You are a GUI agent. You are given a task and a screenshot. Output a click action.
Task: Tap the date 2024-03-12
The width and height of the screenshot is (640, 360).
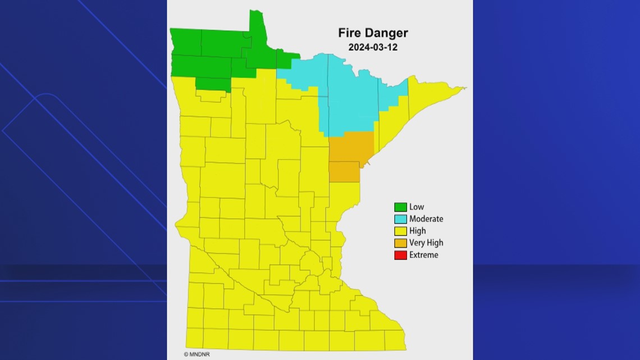(x=373, y=48)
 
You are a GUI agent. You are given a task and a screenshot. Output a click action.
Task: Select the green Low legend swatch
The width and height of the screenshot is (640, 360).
(x=400, y=207)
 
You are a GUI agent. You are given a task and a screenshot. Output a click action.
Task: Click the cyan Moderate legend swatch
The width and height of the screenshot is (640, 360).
(x=400, y=219)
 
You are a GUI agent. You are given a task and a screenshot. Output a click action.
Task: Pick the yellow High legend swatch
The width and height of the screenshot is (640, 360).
(x=400, y=231)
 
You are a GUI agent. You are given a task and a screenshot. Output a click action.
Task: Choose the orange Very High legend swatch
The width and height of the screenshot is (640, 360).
(x=400, y=243)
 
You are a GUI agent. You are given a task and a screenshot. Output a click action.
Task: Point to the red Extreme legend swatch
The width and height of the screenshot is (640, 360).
(x=400, y=255)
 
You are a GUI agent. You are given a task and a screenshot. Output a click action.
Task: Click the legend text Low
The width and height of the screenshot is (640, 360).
(x=417, y=207)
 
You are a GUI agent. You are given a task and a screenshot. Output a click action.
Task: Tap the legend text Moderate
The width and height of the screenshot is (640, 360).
(x=426, y=219)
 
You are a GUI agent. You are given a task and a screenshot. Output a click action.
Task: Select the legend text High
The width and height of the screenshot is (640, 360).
(x=418, y=231)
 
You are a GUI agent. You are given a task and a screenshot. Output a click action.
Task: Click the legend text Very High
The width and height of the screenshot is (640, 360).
(x=426, y=243)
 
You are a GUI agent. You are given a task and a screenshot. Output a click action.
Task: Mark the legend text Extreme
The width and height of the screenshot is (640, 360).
(x=424, y=255)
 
